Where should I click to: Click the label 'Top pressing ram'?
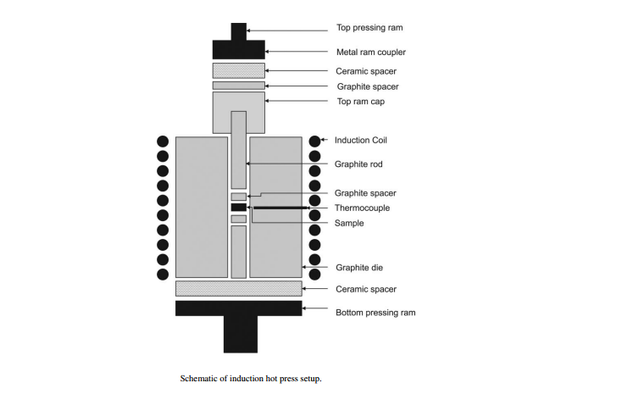369,28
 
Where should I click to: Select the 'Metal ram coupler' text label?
371,52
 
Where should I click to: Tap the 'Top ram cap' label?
361,102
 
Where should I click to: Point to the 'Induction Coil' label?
361,140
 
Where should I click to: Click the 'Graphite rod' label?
358,164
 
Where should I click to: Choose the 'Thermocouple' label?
362,208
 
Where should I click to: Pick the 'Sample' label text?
349,223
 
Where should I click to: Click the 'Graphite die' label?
359,268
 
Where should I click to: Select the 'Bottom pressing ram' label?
375,313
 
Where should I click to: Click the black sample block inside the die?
239,207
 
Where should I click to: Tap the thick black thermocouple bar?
280,208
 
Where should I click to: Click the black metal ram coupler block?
239,50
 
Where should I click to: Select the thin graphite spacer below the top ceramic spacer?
239,86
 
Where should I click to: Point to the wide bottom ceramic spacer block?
239,288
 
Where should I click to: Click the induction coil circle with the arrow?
314,141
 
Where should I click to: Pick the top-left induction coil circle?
163,142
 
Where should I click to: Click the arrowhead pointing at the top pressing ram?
249,31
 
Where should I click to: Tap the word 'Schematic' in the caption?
198,379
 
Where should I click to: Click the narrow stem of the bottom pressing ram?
241,334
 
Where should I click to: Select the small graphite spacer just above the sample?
239,197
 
